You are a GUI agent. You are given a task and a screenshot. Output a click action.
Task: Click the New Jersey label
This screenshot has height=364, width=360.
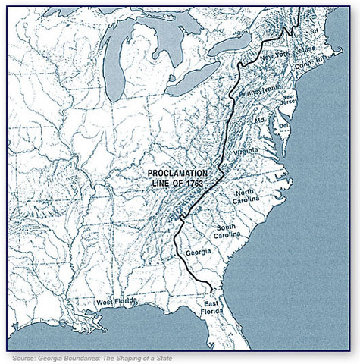[289, 101]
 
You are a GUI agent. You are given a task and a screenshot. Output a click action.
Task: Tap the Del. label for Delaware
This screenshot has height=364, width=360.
[283, 125]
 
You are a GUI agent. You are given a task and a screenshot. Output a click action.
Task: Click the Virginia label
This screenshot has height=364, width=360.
[246, 152]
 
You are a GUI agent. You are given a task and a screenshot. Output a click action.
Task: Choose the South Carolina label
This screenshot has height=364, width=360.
[227, 231]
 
